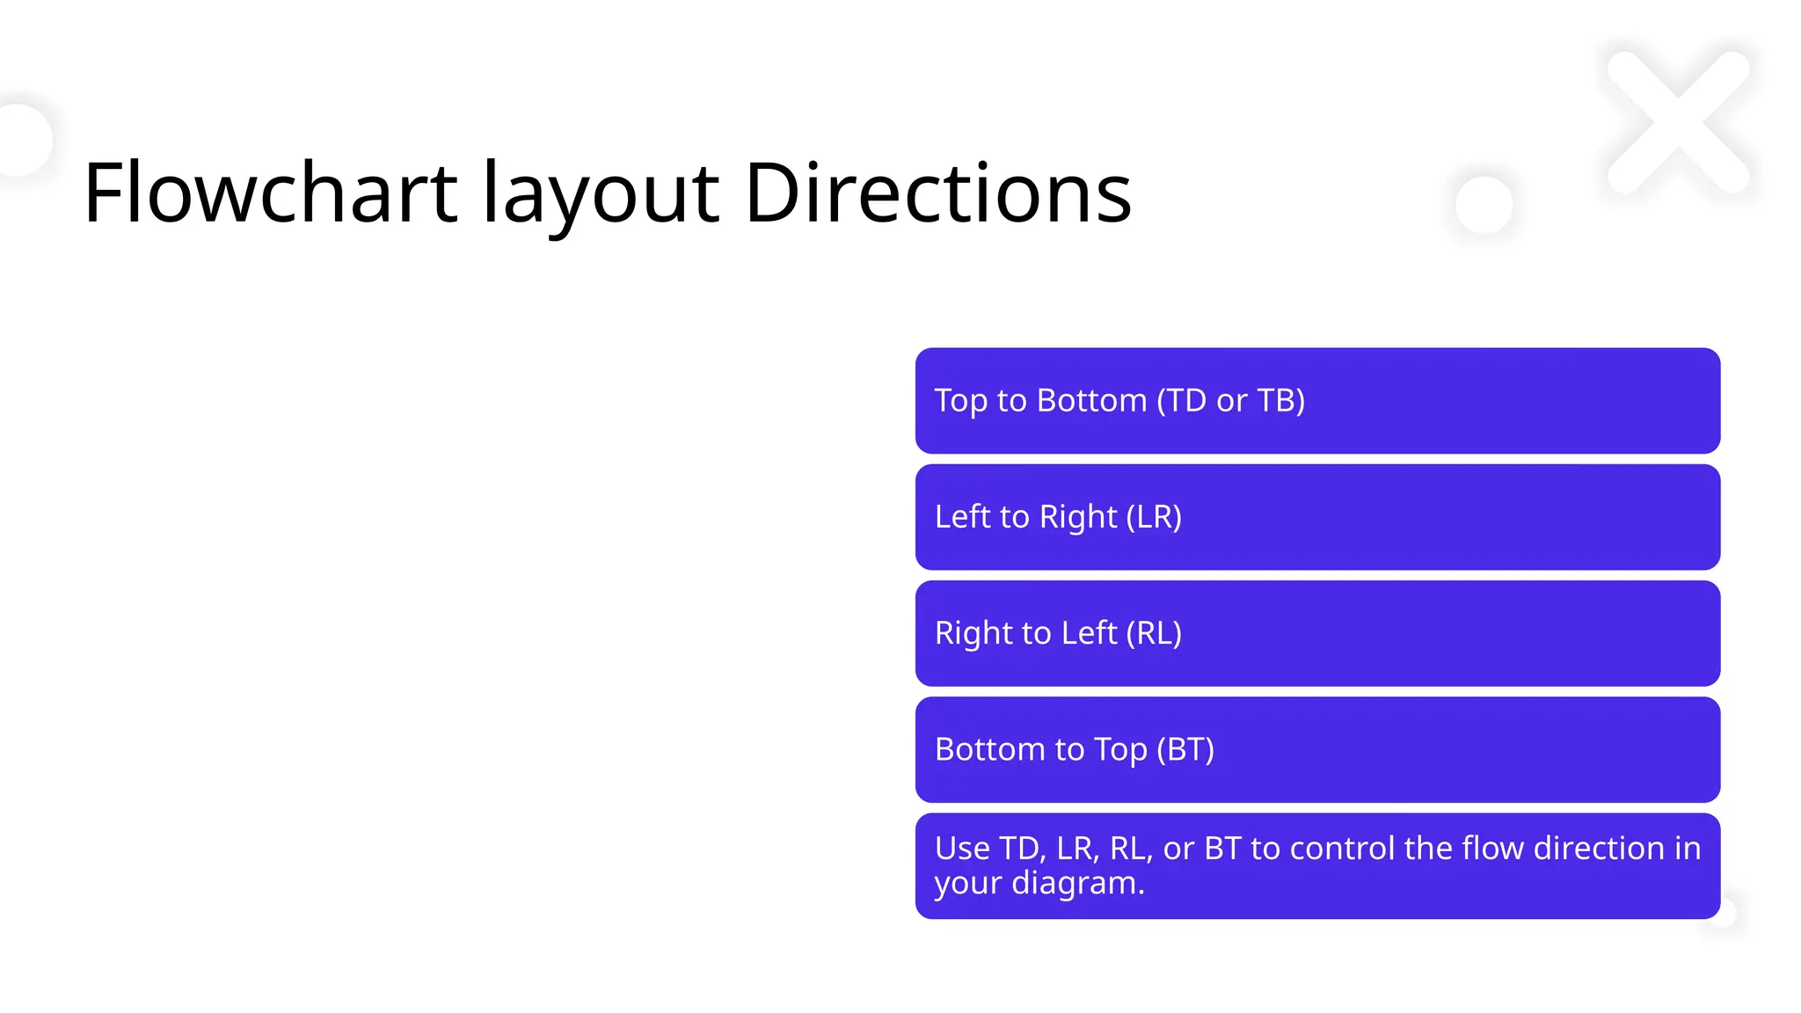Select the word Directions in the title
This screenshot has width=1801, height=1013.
pos(937,193)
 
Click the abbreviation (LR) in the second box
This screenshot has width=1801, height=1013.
pos(1154,517)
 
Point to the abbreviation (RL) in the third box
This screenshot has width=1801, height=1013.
pos(1154,633)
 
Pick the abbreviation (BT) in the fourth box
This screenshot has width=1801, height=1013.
pos(1185,749)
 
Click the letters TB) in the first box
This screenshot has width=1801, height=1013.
pos(1280,401)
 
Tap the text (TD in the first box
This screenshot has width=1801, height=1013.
pos(1182,401)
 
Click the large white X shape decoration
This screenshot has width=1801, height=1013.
pos(1677,121)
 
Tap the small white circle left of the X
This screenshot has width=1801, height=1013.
pos(1484,204)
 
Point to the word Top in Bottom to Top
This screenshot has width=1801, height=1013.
pos(1119,750)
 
